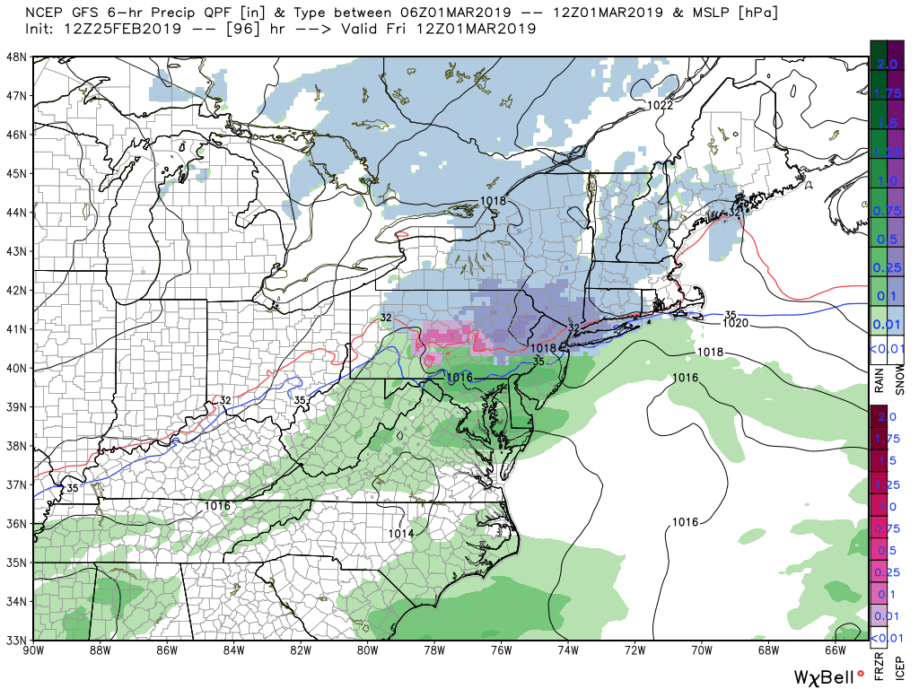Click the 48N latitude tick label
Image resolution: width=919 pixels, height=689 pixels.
coord(17,57)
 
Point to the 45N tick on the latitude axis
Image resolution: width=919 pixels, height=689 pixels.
coord(17,173)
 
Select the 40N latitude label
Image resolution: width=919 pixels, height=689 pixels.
coord(17,368)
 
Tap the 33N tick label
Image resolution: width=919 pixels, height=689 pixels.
coord(17,640)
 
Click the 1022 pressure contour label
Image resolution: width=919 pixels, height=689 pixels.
coord(661,106)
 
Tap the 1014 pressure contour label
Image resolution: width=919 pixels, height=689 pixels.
coord(401,534)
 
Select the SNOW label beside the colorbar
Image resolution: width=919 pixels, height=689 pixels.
coord(900,382)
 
